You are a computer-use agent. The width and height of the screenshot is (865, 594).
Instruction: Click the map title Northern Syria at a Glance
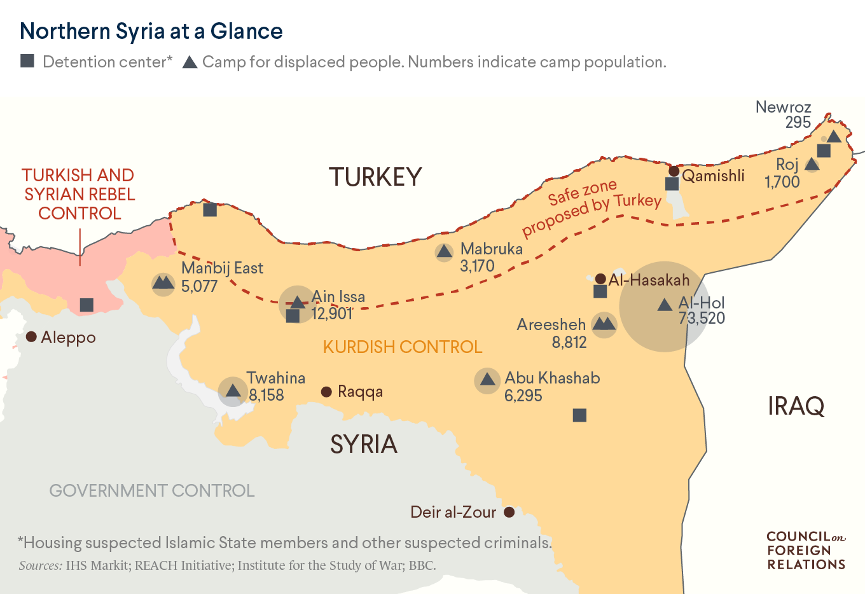[151, 31]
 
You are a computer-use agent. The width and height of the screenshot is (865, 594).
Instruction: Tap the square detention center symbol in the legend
[27, 61]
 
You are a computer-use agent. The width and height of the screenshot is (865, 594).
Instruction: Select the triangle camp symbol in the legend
[190, 62]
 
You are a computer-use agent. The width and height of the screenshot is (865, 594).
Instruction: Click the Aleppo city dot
[31, 336]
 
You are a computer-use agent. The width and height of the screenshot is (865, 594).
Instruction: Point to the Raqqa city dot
[326, 392]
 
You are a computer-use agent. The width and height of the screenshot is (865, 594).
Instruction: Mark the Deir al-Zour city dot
[509, 512]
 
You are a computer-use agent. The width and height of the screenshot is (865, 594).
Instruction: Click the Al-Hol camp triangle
[665, 305]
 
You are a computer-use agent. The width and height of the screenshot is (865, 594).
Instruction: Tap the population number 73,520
[702, 318]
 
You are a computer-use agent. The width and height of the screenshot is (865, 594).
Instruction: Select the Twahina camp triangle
[233, 390]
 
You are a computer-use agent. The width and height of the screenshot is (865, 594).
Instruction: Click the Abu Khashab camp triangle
[488, 380]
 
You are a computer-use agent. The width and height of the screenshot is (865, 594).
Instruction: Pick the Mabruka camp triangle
[445, 252]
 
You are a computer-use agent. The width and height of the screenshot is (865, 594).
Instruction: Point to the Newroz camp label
[783, 107]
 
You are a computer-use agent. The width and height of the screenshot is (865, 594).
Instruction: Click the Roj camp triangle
[812, 164]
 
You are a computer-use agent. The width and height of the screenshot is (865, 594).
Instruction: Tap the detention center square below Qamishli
[672, 184]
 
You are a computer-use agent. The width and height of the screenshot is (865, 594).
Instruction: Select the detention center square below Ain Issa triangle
[293, 315]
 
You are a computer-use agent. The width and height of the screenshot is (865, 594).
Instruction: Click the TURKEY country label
[375, 177]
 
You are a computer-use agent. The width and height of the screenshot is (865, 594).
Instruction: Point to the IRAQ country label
[796, 406]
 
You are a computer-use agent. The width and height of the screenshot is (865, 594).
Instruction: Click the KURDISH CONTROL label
[403, 347]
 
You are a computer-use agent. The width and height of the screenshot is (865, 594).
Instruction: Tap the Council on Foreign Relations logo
[806, 551]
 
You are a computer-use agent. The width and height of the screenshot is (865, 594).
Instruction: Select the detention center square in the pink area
[86, 305]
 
